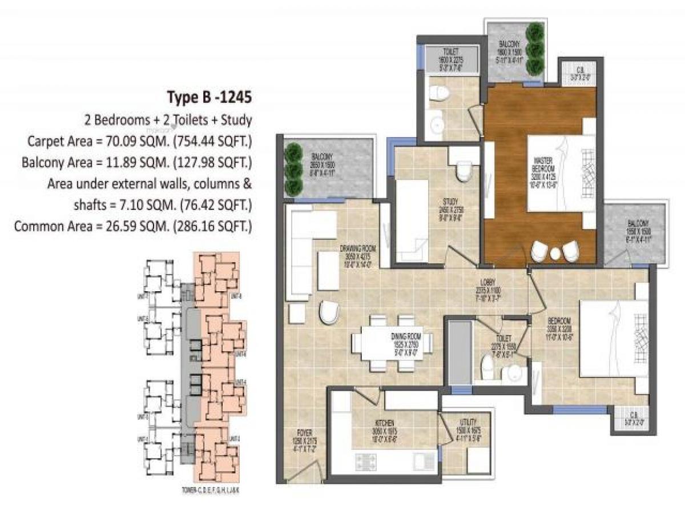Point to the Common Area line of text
click(x=133, y=226)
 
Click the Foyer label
click(x=300, y=437)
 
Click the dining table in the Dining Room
click(x=392, y=344)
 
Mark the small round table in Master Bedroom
click(x=555, y=255)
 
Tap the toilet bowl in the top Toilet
click(x=438, y=93)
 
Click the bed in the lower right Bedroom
click(x=614, y=339)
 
